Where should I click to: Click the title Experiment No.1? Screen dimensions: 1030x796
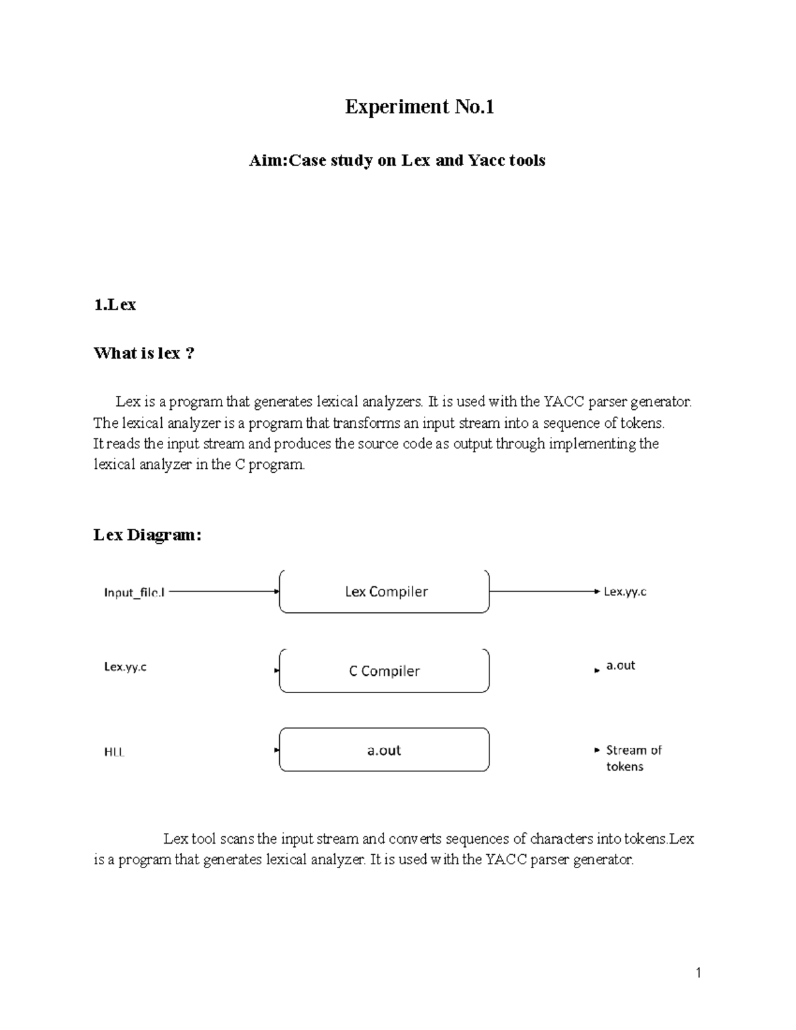tap(419, 107)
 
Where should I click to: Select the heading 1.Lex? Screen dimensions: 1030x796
tap(115, 305)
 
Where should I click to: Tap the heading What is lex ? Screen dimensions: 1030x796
tap(144, 354)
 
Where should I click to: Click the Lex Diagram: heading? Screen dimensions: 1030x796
tap(147, 535)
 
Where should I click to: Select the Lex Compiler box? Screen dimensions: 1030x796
tap(385, 592)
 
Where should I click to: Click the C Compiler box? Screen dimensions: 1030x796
tap(385, 671)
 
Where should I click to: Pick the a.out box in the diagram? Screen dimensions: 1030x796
tap(385, 750)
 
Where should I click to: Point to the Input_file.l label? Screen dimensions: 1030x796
tap(134, 592)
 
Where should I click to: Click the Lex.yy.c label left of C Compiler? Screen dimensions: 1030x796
tap(125, 667)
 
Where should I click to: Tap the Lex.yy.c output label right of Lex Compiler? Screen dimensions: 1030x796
tap(625, 592)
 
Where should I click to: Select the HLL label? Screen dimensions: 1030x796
tap(114, 752)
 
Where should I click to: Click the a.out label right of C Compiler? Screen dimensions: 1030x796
tap(620, 666)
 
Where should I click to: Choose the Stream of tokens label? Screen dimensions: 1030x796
tap(633, 758)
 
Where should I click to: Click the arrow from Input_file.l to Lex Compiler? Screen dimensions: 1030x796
tap(222, 592)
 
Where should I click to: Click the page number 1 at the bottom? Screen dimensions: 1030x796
tap(698, 974)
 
